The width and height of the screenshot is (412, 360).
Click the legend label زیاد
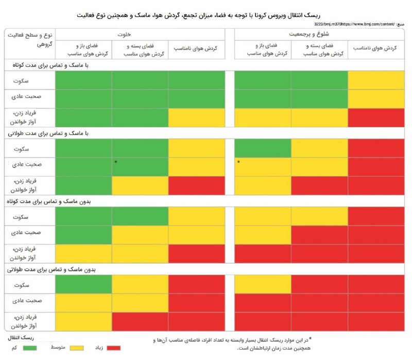98,349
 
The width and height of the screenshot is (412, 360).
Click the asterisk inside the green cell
116,162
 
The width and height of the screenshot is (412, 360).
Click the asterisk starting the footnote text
310,338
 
